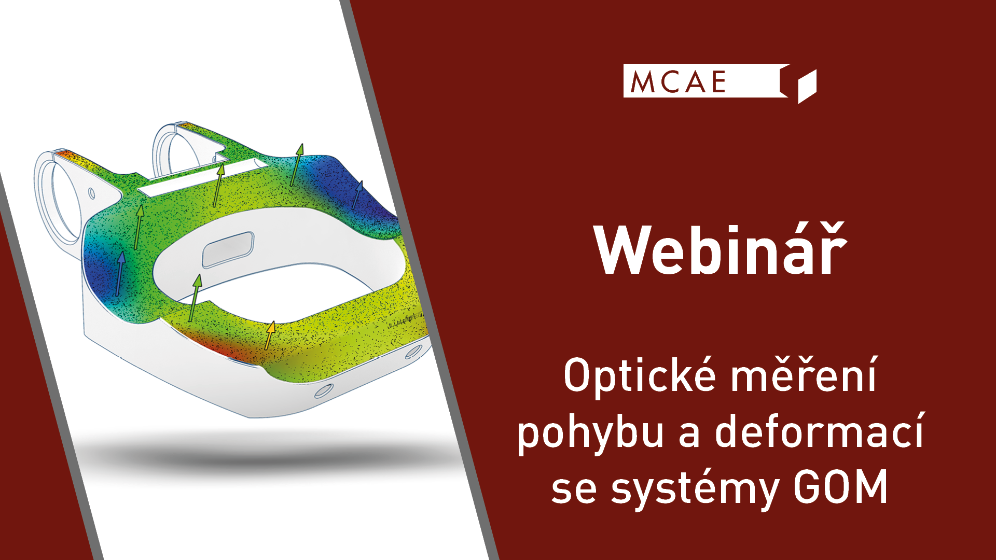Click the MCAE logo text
678,81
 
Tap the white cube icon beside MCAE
807,87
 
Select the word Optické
640,375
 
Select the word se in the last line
574,491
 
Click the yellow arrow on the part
269,335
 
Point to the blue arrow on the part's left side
120,274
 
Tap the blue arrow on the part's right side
357,195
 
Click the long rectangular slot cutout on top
203,177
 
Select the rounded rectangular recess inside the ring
228,249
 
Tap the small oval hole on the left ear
92,193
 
